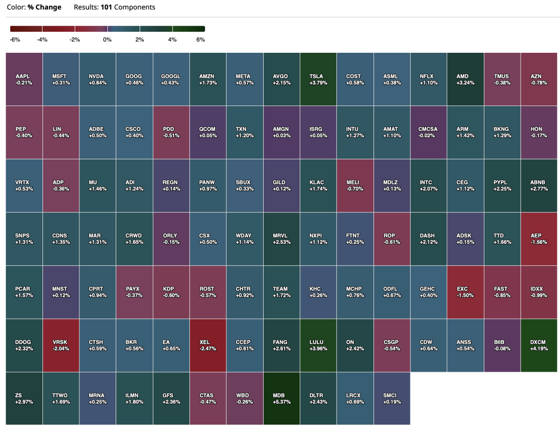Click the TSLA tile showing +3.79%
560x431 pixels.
point(318,79)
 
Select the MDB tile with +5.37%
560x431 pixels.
point(281,398)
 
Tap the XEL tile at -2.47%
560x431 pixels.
point(208,345)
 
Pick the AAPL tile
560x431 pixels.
point(24,79)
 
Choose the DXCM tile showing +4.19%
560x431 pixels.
point(539,345)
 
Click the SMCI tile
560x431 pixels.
point(392,398)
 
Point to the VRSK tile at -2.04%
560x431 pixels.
point(61,345)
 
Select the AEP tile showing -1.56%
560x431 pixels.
point(539,239)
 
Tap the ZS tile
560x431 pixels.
point(24,398)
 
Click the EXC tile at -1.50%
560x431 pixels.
point(465,292)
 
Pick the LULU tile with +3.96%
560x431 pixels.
point(318,345)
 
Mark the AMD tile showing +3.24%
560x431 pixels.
point(465,79)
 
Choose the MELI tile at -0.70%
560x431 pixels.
point(355,186)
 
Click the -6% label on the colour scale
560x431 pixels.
point(15,40)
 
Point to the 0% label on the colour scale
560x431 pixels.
point(107,40)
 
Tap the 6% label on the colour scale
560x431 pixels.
point(201,40)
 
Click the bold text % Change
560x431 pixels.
point(44,7)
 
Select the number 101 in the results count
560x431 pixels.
point(106,7)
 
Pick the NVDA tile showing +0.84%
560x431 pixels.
point(98,79)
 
